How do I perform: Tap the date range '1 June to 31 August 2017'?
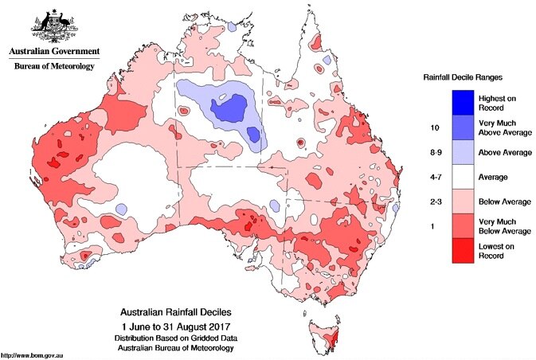click(x=176, y=327)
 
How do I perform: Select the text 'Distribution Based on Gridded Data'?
click(x=176, y=338)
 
